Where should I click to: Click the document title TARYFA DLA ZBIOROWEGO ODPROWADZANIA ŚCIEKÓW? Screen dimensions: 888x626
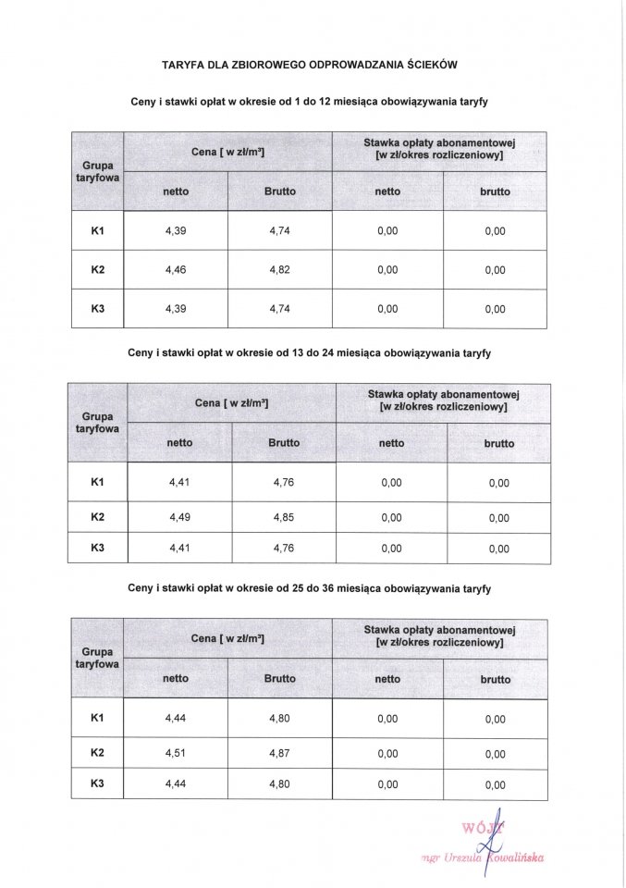pyautogui.click(x=311, y=66)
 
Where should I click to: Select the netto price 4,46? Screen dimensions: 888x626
pyautogui.click(x=175, y=270)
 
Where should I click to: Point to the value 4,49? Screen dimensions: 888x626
pyautogui.click(x=179, y=517)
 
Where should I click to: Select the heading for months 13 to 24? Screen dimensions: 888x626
pyautogui.click(x=311, y=353)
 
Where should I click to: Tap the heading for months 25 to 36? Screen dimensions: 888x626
pyautogui.click(x=311, y=588)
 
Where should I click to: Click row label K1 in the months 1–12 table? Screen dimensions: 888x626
pyautogui.click(x=98, y=230)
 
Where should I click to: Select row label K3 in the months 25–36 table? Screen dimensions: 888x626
pyautogui.click(x=97, y=784)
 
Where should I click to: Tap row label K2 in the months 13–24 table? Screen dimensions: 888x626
pyautogui.click(x=98, y=517)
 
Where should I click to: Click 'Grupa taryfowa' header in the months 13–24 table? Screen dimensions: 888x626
pyautogui.click(x=97, y=423)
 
